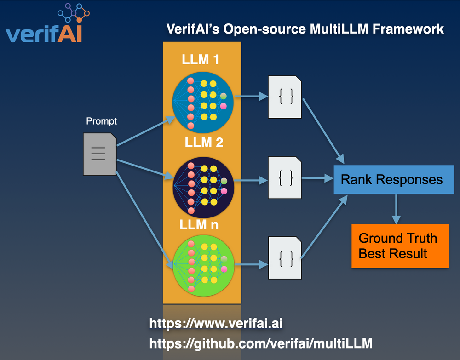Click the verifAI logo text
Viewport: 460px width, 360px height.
coord(44,34)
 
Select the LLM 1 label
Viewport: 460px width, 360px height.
coord(200,60)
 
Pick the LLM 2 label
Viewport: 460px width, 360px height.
coord(204,142)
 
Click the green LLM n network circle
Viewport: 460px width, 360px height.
coord(203,264)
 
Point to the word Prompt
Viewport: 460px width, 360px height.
coord(102,121)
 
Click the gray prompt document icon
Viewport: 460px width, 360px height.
coord(99,154)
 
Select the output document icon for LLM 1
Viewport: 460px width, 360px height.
coord(285,97)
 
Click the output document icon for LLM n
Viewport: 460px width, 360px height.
coord(285,257)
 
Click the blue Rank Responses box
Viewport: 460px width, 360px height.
coord(394,179)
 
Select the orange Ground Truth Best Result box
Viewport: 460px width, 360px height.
coord(399,246)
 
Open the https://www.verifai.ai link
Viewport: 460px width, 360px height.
coord(215,323)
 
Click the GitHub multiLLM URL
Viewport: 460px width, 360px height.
coord(260,343)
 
